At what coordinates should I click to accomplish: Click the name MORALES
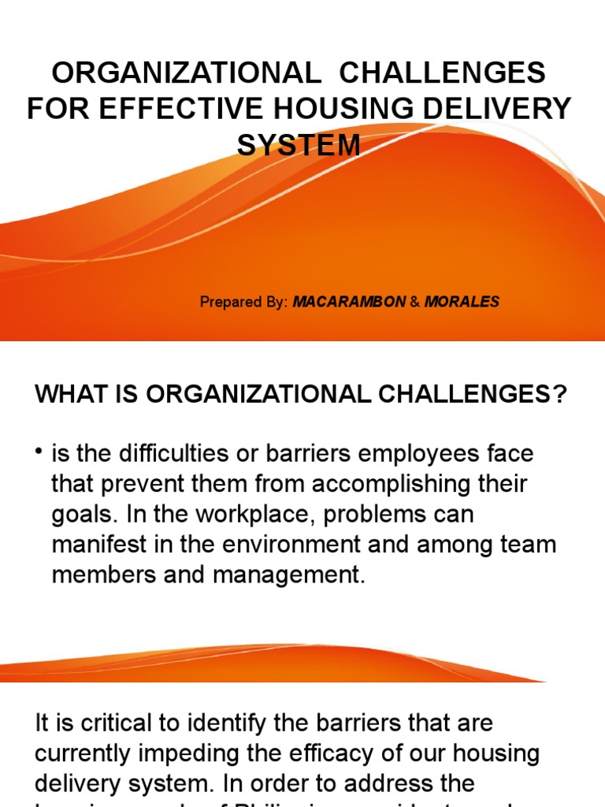coord(462,302)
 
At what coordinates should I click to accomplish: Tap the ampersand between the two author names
coord(414,302)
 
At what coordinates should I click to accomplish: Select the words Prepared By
coord(244,302)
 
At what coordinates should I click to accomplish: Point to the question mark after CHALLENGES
coord(559,394)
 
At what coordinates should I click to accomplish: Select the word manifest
coord(100,545)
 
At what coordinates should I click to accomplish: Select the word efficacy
coord(365,753)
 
